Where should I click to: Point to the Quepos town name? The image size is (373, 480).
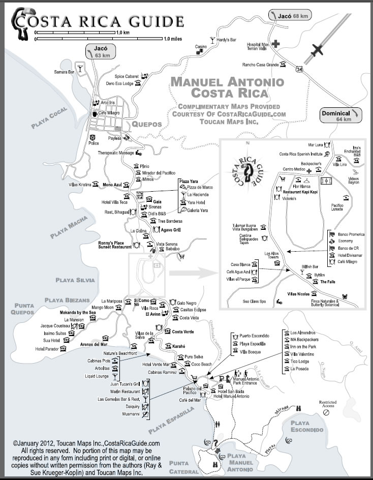coord(146,124)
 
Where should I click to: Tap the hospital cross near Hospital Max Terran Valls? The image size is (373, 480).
coord(276,44)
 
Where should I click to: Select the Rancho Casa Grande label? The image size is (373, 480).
coord(260,65)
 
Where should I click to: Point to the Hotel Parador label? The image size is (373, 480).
coord(47,349)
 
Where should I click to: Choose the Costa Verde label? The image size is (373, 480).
coord(183,332)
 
